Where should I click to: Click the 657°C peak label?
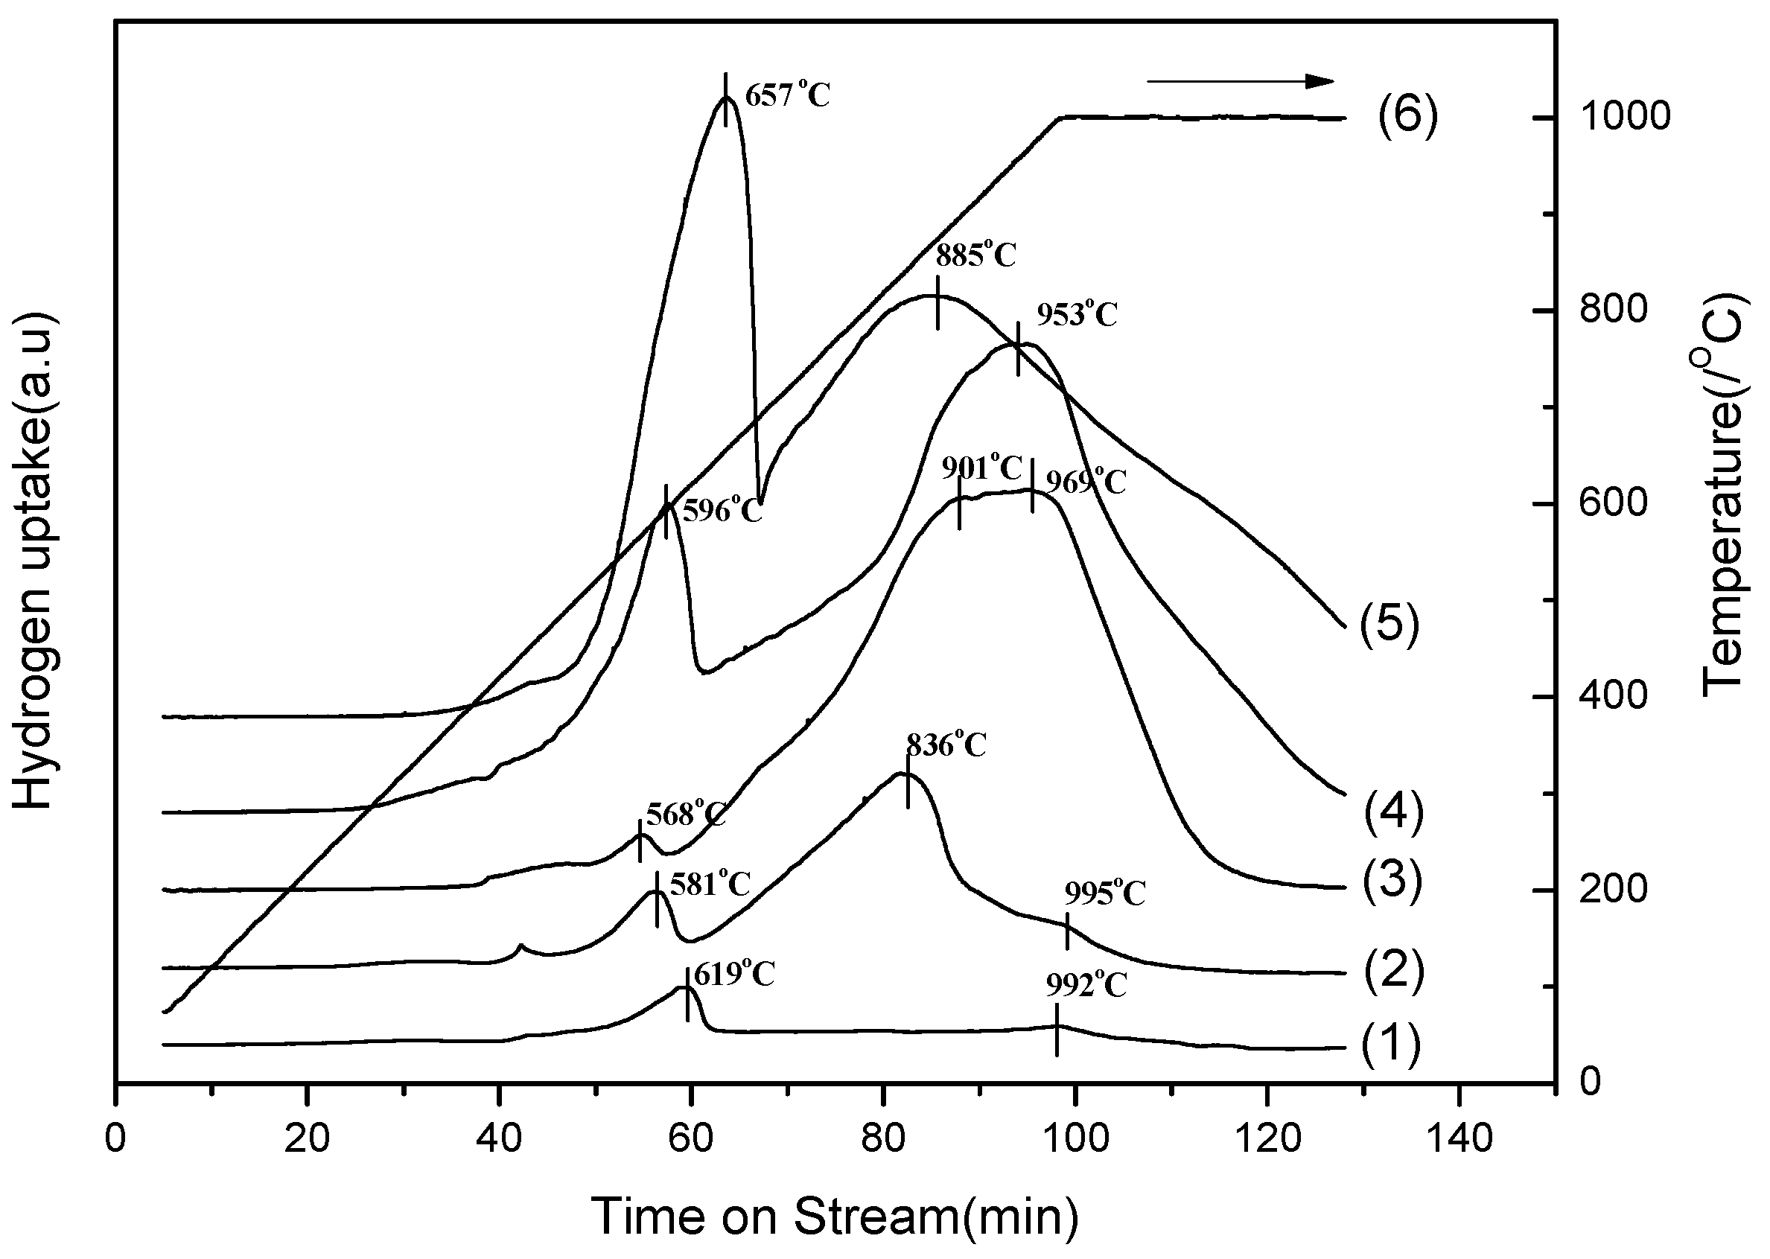coord(787,96)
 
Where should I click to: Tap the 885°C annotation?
coord(975,255)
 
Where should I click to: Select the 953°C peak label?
coord(1077,315)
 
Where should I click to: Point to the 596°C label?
coord(722,511)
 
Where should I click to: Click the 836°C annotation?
coord(946,745)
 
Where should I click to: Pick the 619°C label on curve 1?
coord(733,975)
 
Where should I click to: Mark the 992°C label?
coord(1086,985)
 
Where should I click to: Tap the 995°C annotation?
coord(1104,894)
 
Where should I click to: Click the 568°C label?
coord(685,815)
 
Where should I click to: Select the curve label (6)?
coord(1407,115)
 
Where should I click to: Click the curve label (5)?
coord(1389,624)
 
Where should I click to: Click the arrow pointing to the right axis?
coord(1240,80)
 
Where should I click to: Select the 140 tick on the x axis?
coord(1458,1140)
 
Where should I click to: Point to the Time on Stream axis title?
coord(835,1216)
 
